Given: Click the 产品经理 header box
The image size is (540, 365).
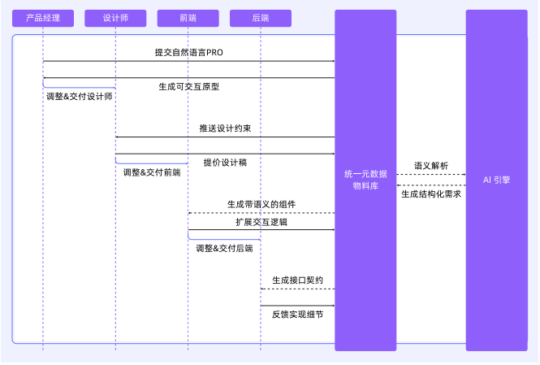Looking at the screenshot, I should click(x=43, y=17).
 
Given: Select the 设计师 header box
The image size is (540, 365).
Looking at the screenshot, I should click(x=115, y=17).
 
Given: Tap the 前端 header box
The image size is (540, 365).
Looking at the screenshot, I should click(x=188, y=17).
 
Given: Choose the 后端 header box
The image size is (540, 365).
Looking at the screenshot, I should click(x=260, y=17).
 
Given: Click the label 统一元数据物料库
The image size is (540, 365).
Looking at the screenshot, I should click(x=365, y=180).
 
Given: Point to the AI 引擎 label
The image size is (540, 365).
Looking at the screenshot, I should click(x=496, y=180).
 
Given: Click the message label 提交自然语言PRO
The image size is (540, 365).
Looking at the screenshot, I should click(x=188, y=52).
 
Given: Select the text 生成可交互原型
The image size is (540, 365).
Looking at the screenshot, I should click(x=189, y=86).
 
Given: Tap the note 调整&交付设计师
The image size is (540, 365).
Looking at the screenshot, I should click(x=80, y=96).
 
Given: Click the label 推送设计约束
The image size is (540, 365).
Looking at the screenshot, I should click(x=225, y=128).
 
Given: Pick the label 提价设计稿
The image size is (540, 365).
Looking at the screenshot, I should click(x=225, y=163).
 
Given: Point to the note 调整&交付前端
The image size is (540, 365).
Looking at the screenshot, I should click(x=152, y=172).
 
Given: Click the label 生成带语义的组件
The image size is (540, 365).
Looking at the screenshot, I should click(x=261, y=204).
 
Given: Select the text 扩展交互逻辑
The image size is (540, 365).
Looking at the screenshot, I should click(x=261, y=221).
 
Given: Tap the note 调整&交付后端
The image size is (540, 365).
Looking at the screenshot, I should click(x=224, y=248).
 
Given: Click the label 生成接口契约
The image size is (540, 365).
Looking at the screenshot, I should click(x=297, y=280).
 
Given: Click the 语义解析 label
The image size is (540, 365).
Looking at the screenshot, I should click(x=430, y=165).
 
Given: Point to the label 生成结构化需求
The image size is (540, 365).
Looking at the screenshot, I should click(x=430, y=193).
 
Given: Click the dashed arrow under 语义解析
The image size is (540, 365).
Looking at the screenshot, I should click(x=430, y=174).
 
